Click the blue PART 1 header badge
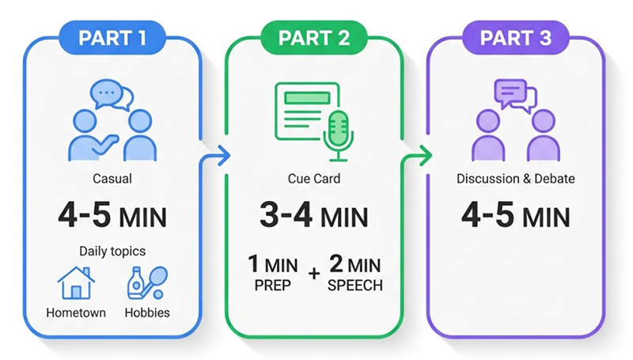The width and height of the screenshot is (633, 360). point(112,37)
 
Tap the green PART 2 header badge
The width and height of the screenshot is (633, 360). point(313,37)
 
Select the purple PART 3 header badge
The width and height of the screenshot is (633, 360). point(516,37)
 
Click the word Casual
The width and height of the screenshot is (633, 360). point(112,178)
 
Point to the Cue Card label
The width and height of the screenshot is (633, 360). point(314,178)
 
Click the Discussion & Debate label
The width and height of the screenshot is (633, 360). point(516,178)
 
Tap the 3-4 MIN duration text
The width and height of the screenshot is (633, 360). point(313,216)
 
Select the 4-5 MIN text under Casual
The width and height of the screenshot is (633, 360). point(112,216)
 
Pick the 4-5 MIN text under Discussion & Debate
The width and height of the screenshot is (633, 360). point(516,216)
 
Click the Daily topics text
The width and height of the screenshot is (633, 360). point(112,251)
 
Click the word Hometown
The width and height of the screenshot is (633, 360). point(76,313)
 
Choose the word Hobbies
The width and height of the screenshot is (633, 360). point(147,313)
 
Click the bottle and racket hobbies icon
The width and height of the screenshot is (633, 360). point(147,282)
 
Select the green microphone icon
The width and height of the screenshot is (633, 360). point(339,135)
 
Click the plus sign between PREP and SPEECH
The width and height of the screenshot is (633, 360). point(313,274)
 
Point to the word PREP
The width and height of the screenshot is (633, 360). point(272,286)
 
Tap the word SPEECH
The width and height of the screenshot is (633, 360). point(354,286)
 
